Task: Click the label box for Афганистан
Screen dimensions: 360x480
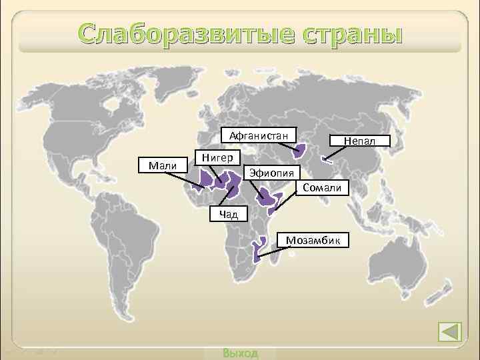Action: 259,137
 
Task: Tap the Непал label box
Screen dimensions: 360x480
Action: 359,141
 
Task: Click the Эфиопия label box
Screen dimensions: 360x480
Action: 270,173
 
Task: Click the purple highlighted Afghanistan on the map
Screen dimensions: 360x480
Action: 299,152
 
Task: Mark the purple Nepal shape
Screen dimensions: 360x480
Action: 327,159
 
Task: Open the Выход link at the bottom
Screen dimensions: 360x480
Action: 241,353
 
